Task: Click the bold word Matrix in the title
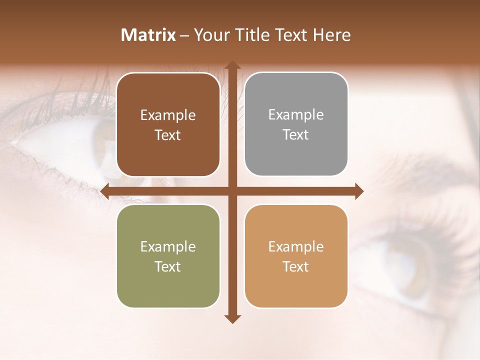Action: point(148,35)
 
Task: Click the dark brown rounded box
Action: point(168,124)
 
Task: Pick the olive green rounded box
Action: point(168,256)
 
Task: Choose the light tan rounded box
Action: point(296,256)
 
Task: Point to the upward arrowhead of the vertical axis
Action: point(232,65)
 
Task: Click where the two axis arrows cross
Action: point(232,191)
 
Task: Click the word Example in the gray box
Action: point(296,114)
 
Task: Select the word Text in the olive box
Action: point(168,266)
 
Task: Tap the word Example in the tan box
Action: point(296,246)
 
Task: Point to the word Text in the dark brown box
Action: point(168,135)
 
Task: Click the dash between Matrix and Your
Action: point(184,35)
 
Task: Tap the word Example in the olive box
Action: point(168,246)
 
